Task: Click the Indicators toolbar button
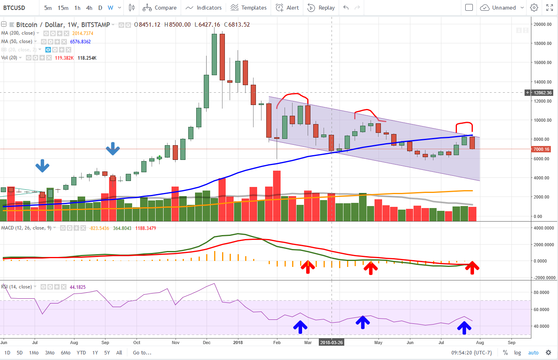[203, 8]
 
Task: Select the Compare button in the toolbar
[160, 8]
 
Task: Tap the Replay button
[321, 8]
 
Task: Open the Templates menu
[248, 8]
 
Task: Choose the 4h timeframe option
[89, 8]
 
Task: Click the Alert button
[287, 8]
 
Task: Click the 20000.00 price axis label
[542, 24]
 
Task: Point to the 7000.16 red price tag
[541, 149]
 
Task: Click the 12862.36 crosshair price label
[542, 93]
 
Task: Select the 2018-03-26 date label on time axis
[331, 342]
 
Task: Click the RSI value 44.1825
[78, 287]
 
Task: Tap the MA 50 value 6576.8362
[80, 42]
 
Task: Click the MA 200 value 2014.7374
[83, 33]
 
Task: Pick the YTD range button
[81, 352]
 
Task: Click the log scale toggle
[517, 352]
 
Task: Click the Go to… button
[142, 352]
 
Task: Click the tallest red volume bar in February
[277, 196]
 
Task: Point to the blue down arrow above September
[113, 149]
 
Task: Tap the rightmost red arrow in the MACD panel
[472, 268]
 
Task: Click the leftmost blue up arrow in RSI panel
[300, 327]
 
